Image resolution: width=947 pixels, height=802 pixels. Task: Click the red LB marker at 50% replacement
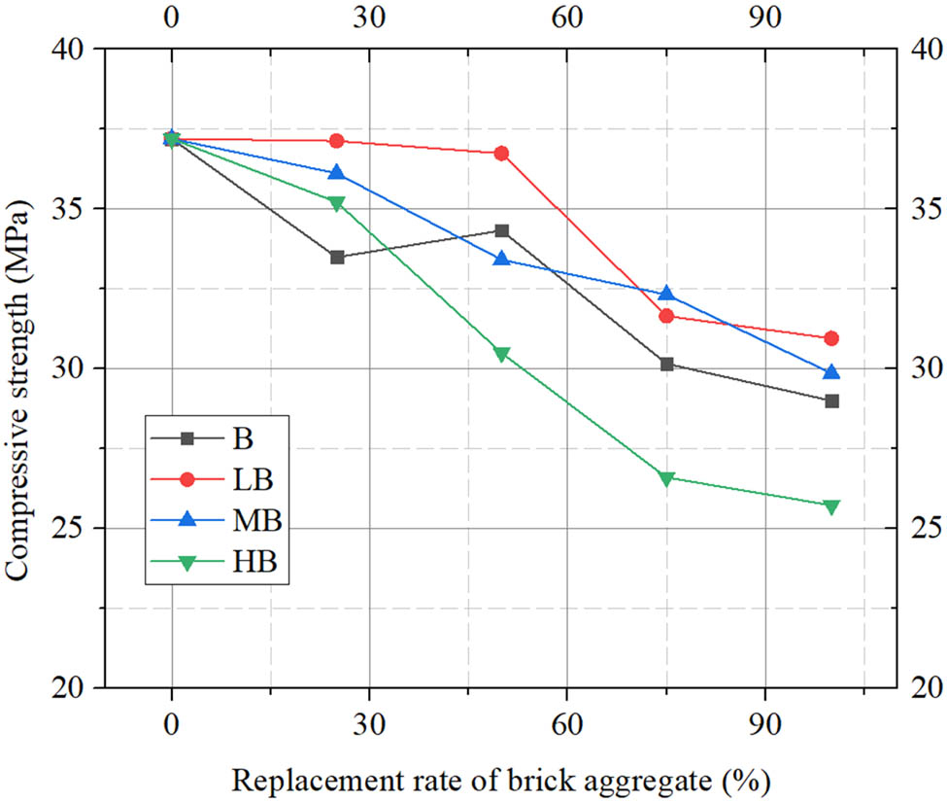pos(501,154)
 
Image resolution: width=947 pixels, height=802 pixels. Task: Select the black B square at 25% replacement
pos(337,258)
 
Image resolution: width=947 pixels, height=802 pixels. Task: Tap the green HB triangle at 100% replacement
pos(831,506)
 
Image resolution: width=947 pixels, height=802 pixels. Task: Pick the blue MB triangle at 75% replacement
pos(666,294)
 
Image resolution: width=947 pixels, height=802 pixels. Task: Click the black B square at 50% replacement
pos(501,230)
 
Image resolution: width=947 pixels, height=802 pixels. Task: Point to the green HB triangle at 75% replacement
pos(666,478)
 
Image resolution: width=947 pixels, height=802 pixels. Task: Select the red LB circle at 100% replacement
pos(831,338)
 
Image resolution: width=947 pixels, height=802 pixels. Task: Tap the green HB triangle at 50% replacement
pos(501,355)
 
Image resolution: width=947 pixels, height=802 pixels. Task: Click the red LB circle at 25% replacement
pos(337,141)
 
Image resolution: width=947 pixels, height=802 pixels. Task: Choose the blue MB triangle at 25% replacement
pos(337,173)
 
